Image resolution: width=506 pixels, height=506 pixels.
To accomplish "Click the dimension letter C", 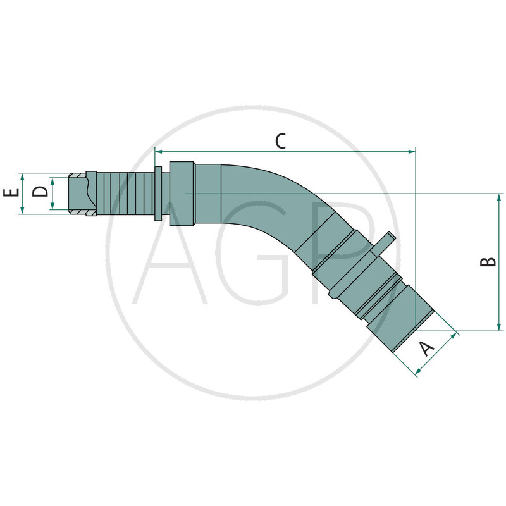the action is [280, 141].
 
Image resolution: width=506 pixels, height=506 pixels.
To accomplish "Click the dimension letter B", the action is [488, 261].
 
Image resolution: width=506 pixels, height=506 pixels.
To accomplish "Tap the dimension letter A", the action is [427, 349].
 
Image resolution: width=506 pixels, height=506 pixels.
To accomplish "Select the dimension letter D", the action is [40, 192].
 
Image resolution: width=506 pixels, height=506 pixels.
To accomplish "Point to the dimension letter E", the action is [11, 193].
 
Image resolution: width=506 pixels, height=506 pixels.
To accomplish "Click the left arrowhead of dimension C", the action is [158, 151].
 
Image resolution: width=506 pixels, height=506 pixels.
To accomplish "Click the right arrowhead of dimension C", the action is [412, 151].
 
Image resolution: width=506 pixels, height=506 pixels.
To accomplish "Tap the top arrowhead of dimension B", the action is [499, 197].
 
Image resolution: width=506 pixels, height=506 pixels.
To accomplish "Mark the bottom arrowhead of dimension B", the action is [499, 327].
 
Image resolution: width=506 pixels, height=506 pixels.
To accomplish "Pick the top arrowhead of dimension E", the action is [22, 176].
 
